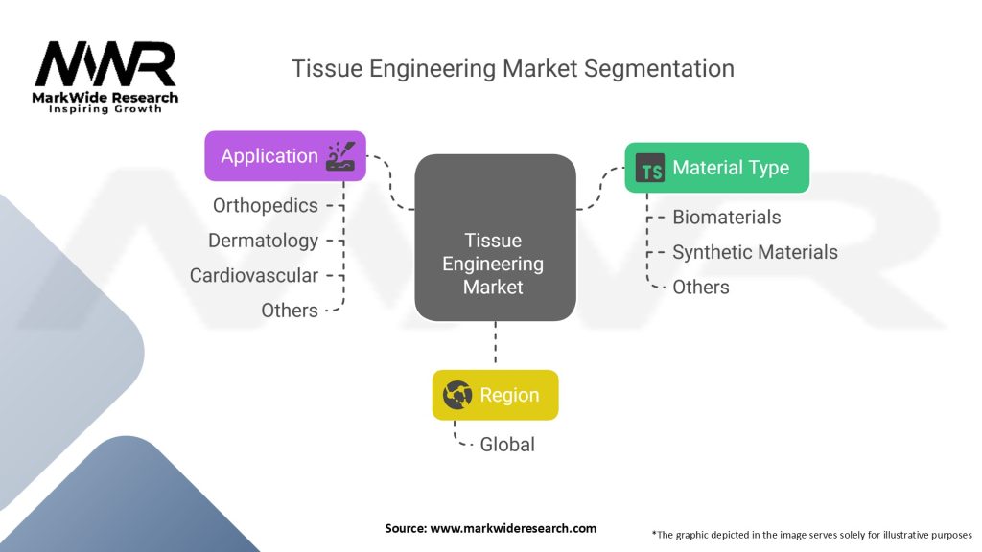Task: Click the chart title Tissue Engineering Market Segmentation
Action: coord(513,69)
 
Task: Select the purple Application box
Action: coord(285,156)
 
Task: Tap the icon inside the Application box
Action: coord(340,156)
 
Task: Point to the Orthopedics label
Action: coord(266,205)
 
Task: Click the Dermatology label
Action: coord(263,241)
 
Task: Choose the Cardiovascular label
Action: coord(254,275)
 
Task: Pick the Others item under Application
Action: coord(290,310)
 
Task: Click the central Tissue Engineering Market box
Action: coord(495,238)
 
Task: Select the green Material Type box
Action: coord(716,168)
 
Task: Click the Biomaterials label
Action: coord(726,218)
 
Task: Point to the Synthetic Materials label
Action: coord(755,252)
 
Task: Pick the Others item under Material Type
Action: coord(701,287)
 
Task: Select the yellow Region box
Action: coord(495,395)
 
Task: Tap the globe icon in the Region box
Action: coord(457,395)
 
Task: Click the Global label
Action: coord(508,445)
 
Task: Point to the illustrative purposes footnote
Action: coord(811,534)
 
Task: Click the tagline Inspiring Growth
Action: coord(105,109)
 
